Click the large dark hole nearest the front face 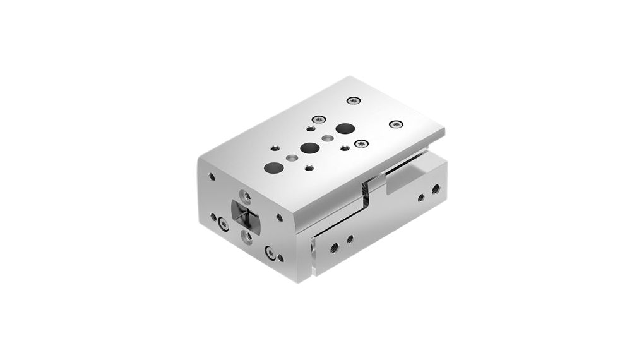[273, 168]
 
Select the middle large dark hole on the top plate [309, 148]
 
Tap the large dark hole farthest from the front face [344, 129]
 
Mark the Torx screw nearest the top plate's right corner [396, 124]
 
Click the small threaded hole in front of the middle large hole [308, 168]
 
